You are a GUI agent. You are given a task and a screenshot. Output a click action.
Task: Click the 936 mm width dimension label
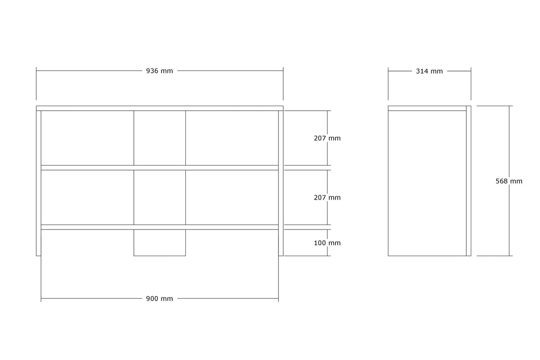point(159,71)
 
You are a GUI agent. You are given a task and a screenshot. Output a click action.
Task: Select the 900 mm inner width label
point(159,299)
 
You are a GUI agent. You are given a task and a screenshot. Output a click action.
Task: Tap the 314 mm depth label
point(429,71)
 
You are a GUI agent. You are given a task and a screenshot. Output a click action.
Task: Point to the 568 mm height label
point(509,181)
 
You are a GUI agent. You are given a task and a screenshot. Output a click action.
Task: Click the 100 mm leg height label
point(327,243)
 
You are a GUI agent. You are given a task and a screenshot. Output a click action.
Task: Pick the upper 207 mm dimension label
point(327,138)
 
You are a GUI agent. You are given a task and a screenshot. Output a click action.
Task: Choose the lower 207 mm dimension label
point(327,198)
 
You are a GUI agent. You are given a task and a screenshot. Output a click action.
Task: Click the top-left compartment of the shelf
point(87,138)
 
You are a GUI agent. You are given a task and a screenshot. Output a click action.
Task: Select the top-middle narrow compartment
point(160,138)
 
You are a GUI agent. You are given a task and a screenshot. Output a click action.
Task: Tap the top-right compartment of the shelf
point(232,138)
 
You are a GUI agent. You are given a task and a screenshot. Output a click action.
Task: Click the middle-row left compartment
point(87,197)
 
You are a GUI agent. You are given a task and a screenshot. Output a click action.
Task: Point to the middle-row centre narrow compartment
point(160,197)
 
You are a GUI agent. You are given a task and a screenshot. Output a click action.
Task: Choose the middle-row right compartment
point(232,197)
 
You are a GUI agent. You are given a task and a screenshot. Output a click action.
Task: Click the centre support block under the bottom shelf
point(160,243)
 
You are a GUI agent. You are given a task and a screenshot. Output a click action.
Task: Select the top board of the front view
point(160,108)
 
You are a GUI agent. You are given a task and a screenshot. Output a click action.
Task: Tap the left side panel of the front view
point(38,183)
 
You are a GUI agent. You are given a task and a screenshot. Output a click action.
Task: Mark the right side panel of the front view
point(281,183)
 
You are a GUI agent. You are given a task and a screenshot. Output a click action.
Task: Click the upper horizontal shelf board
point(160,168)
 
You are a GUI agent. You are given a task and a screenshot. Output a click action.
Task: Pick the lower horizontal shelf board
point(160,227)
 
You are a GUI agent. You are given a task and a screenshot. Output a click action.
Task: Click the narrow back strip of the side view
point(469,181)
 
